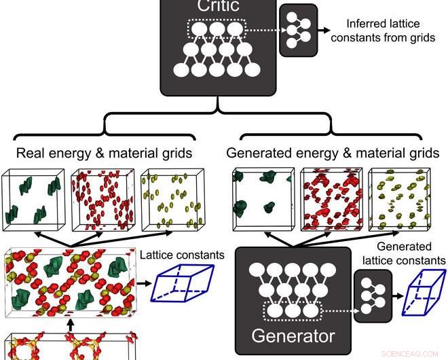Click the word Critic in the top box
(217, 7)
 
